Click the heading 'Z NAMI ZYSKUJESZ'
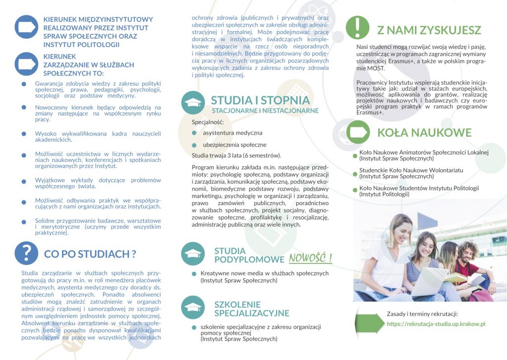[x=429, y=30]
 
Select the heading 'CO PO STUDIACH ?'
[x=90, y=254]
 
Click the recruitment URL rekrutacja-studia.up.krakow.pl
[x=436, y=324]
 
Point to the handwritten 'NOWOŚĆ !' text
[x=310, y=258]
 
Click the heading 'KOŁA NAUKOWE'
[x=424, y=132]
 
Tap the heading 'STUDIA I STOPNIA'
[x=260, y=101]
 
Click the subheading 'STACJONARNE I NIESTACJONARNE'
[x=265, y=110]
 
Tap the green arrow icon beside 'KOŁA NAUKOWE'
[x=357, y=132]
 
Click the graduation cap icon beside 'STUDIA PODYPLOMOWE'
[x=193, y=254]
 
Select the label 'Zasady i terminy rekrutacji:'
[x=422, y=314]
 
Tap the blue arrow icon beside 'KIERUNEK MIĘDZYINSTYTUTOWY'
[x=26, y=27]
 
